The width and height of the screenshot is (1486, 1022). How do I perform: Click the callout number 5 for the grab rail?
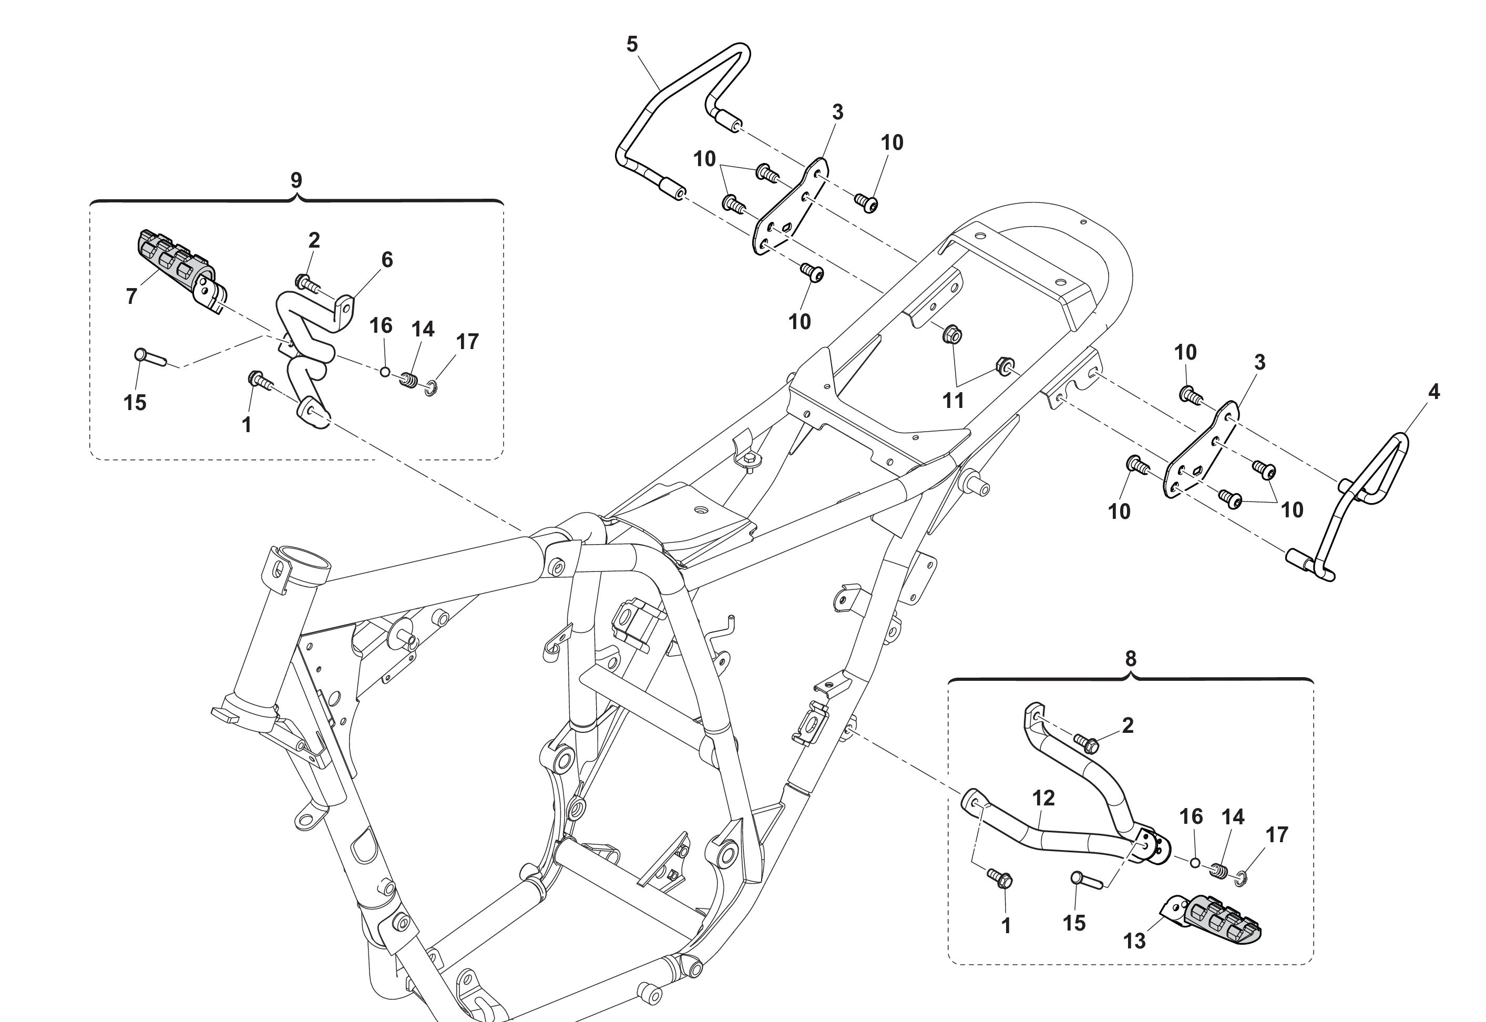[x=632, y=45]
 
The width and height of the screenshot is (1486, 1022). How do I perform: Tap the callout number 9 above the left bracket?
[x=296, y=180]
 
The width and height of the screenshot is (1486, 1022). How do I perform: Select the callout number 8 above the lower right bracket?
[x=1130, y=658]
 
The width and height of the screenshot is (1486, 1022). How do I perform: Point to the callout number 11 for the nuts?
[x=952, y=401]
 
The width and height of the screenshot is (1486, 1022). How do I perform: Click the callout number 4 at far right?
[x=1433, y=392]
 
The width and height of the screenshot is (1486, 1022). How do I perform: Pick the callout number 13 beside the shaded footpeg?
[x=1134, y=941]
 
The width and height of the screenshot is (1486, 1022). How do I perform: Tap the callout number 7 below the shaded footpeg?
[x=131, y=296]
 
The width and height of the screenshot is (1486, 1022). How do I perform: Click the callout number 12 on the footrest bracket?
[x=1043, y=798]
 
